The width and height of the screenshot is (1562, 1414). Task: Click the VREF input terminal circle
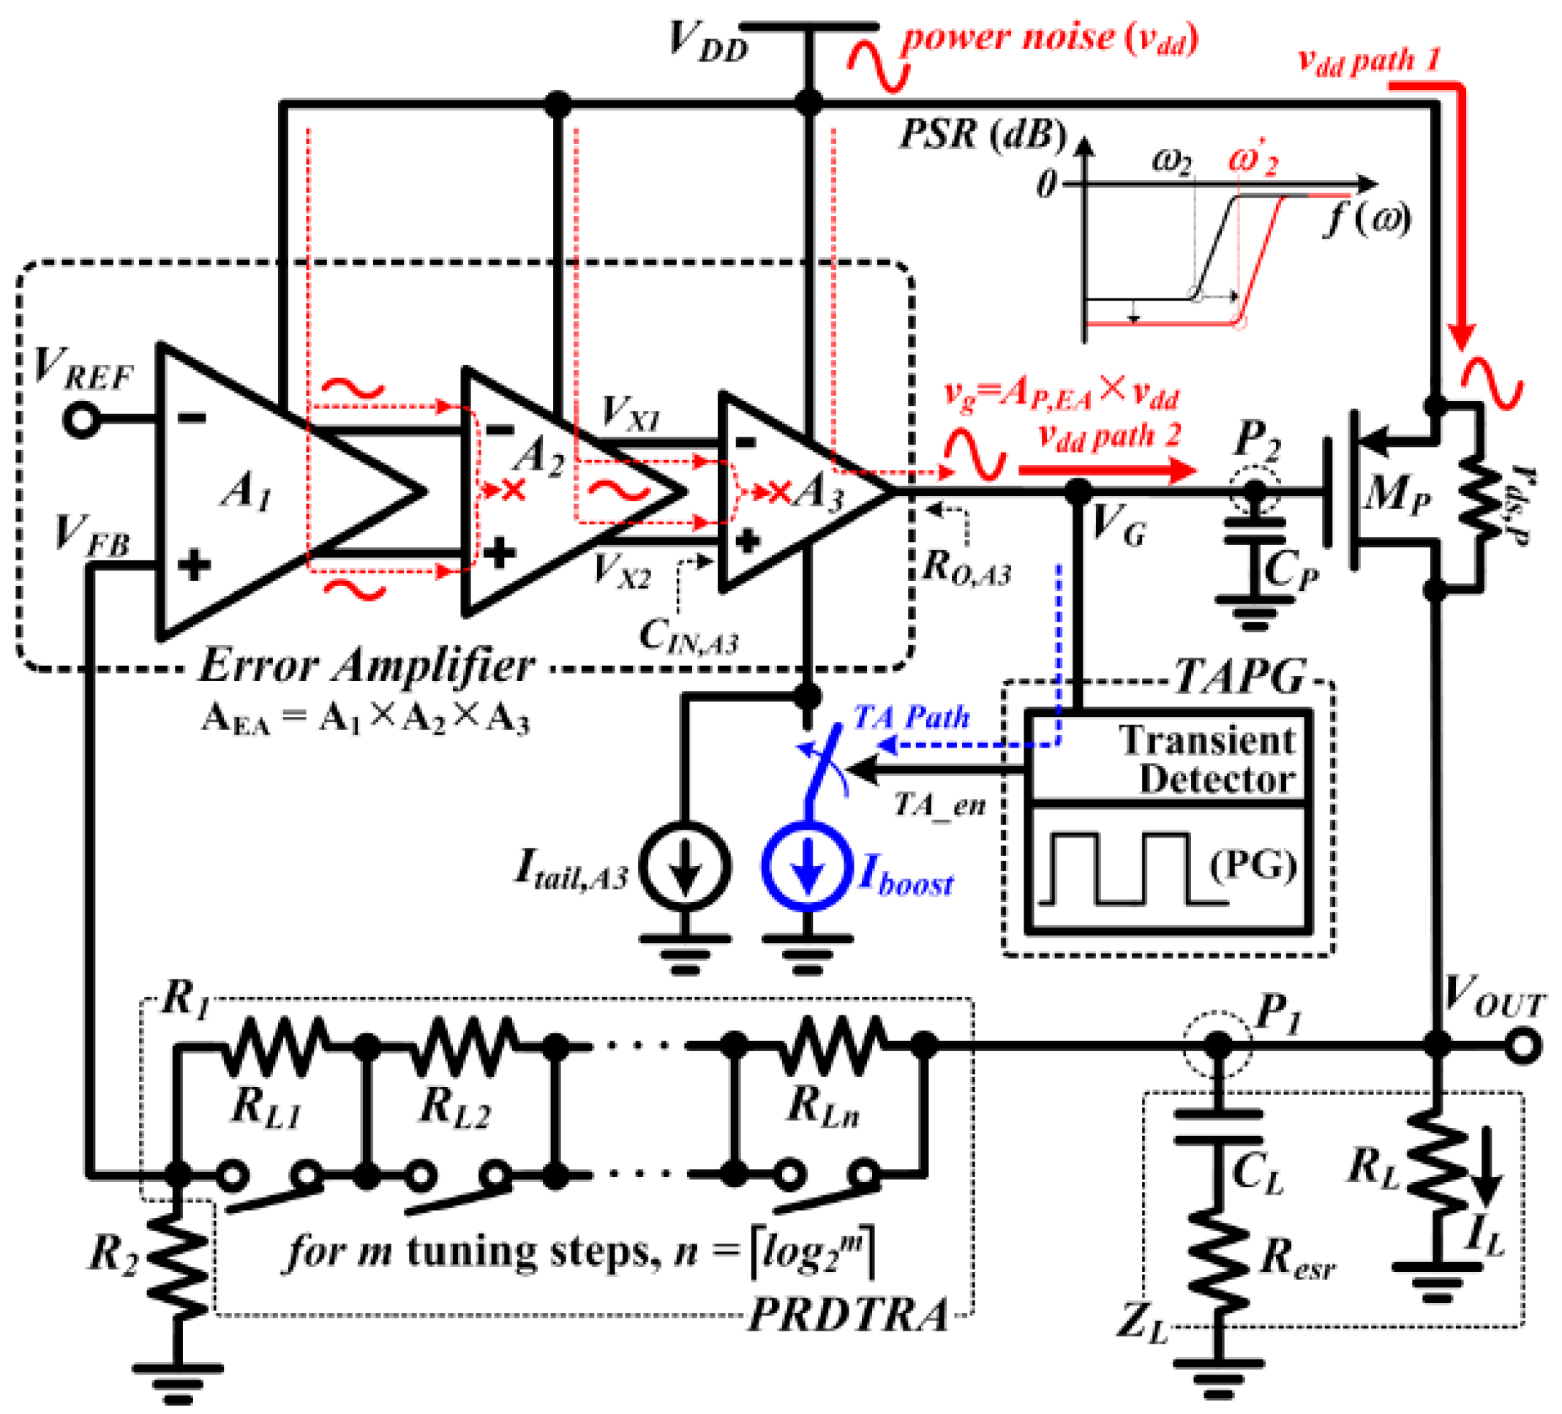[x=80, y=420]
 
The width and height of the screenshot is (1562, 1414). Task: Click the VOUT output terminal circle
[x=1523, y=1046]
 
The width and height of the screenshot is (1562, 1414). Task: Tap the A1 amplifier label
[x=247, y=490]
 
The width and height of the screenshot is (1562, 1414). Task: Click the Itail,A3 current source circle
[x=685, y=865]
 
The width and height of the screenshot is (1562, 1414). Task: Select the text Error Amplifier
[x=366, y=665]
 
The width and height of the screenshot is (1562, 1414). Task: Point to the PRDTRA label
[x=849, y=1315]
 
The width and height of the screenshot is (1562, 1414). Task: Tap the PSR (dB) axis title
[x=983, y=135]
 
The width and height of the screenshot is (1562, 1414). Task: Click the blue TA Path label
[x=911, y=717]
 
